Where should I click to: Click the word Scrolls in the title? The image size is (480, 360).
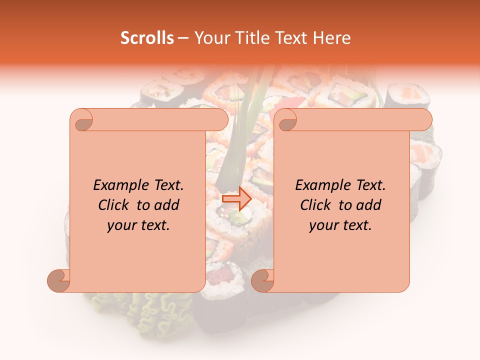coord(147,38)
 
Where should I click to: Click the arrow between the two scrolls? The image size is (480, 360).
coord(236,198)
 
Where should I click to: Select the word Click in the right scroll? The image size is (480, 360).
coord(315,205)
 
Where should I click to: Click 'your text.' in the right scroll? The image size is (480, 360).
coord(340,225)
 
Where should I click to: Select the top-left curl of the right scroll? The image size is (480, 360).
coord(286,120)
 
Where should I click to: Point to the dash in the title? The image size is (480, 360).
coord(183,38)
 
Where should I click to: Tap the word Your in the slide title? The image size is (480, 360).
coord(209,38)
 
